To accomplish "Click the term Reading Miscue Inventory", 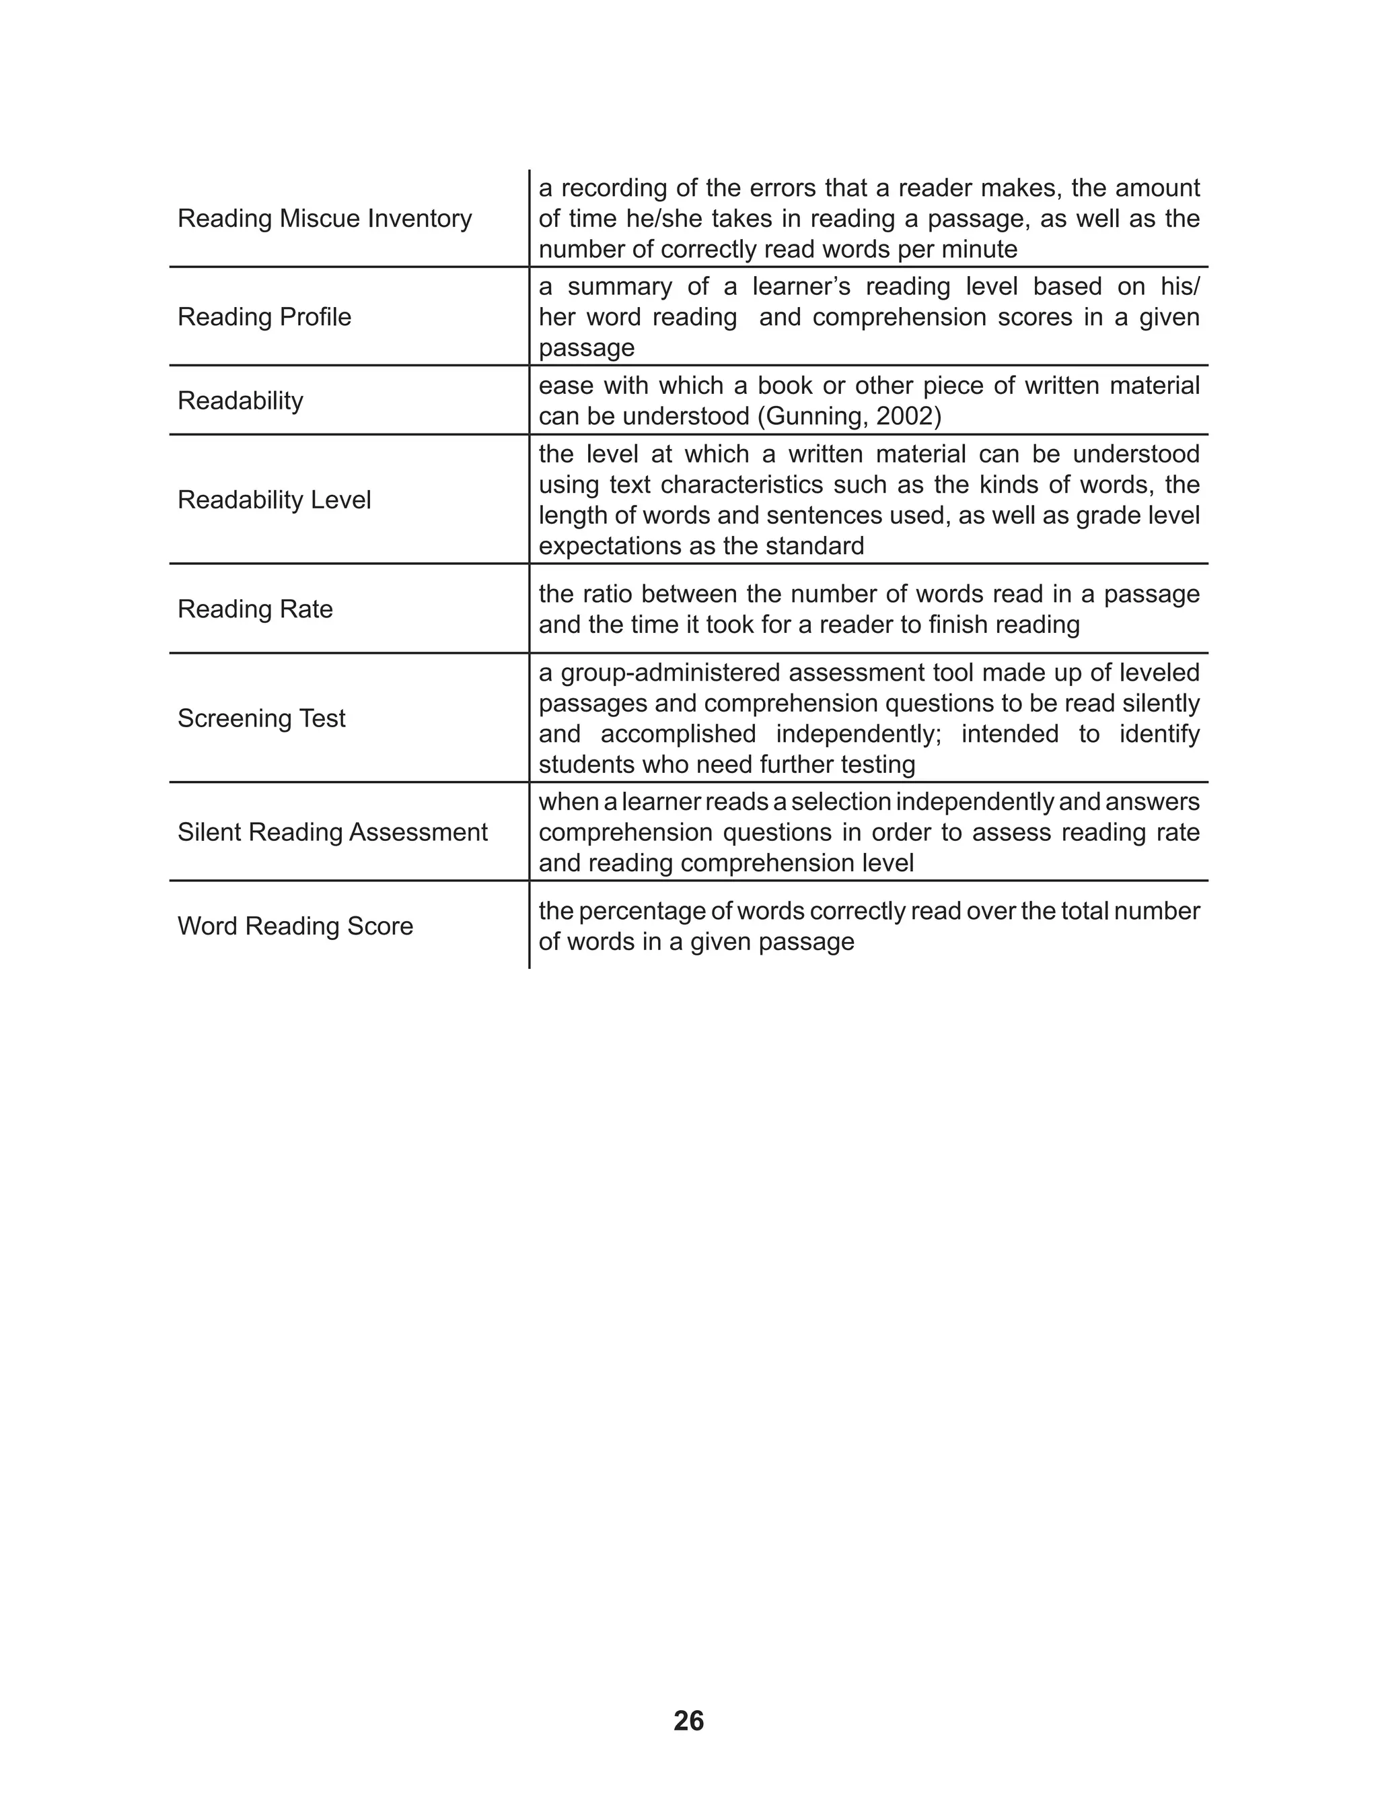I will pos(325,218).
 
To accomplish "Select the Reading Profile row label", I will pos(264,316).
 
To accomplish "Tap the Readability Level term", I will pos(274,500).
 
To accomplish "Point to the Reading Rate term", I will pos(255,609).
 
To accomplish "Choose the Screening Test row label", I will pos(262,718).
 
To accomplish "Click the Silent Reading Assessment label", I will pos(332,832).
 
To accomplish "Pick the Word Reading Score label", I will pos(295,926).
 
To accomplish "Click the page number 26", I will pos(688,1721).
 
